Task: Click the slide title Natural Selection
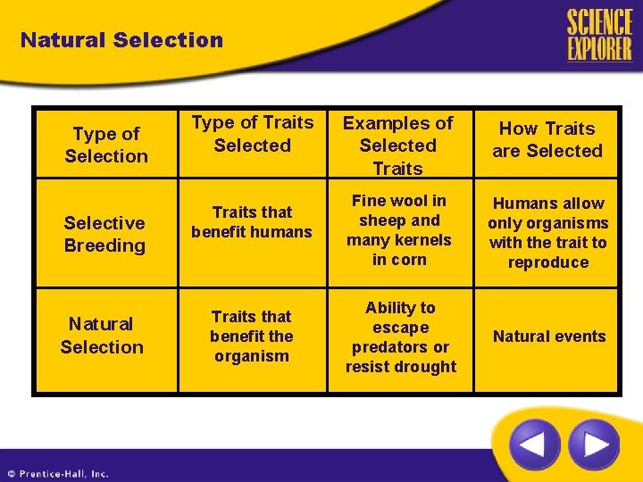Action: (121, 40)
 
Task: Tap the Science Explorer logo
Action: (598, 36)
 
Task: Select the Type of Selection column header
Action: (106, 145)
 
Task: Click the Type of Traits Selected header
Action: (253, 134)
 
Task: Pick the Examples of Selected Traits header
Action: (398, 145)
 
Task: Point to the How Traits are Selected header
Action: (547, 140)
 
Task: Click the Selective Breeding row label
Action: (104, 234)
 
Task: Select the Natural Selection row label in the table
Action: (102, 336)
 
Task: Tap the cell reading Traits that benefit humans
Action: (252, 222)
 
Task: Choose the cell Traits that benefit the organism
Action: (251, 337)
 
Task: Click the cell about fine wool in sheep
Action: (399, 230)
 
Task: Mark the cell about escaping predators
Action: (400, 337)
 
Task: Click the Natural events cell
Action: (549, 337)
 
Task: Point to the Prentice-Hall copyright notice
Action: (58, 474)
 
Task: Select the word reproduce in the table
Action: (548, 262)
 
